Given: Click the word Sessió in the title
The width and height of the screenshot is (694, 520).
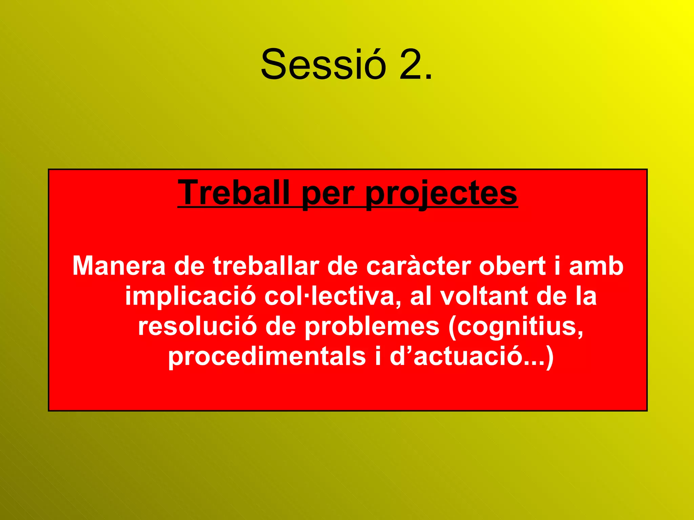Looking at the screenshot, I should pyautogui.click(x=323, y=64).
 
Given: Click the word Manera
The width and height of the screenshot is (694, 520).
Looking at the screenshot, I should pyautogui.click(x=119, y=266).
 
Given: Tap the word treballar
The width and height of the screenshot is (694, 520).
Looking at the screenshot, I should pyautogui.click(x=266, y=266).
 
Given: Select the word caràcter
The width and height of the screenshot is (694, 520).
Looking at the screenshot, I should pyautogui.click(x=419, y=266).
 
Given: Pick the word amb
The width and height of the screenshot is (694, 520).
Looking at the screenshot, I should pyautogui.click(x=596, y=266).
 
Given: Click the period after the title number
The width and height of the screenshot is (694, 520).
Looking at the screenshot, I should pyautogui.click(x=428, y=77).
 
